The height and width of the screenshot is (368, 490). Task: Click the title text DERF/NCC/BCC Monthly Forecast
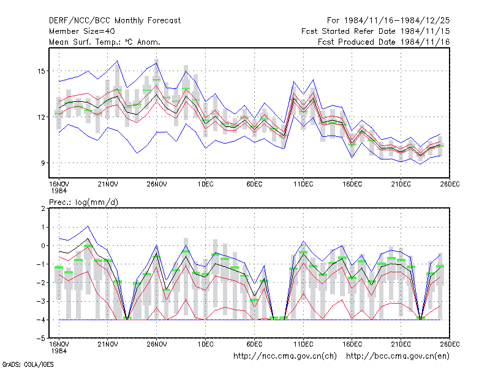115,21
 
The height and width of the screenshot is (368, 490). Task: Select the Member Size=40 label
82,31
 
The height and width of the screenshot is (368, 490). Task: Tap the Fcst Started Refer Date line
375,31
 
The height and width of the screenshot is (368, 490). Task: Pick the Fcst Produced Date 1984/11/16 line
384,42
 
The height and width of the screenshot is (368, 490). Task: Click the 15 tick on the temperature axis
41,71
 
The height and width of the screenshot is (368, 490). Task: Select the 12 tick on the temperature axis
41,117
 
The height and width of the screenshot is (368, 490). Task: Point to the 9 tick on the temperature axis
43,163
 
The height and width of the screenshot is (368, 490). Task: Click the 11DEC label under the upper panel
303,184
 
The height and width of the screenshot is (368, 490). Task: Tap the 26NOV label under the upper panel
157,184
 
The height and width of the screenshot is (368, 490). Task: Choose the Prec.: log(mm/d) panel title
84,202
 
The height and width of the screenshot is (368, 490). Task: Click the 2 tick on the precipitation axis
43,209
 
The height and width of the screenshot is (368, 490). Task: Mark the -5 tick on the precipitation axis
41,339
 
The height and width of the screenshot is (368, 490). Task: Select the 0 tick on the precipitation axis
43,246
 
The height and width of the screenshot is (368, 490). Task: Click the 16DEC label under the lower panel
352,344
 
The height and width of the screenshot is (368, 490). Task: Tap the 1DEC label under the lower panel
205,344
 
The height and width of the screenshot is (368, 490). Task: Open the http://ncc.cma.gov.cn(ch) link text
285,356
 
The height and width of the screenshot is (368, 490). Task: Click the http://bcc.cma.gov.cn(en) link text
398,356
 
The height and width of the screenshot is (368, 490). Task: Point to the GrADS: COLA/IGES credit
28,364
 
